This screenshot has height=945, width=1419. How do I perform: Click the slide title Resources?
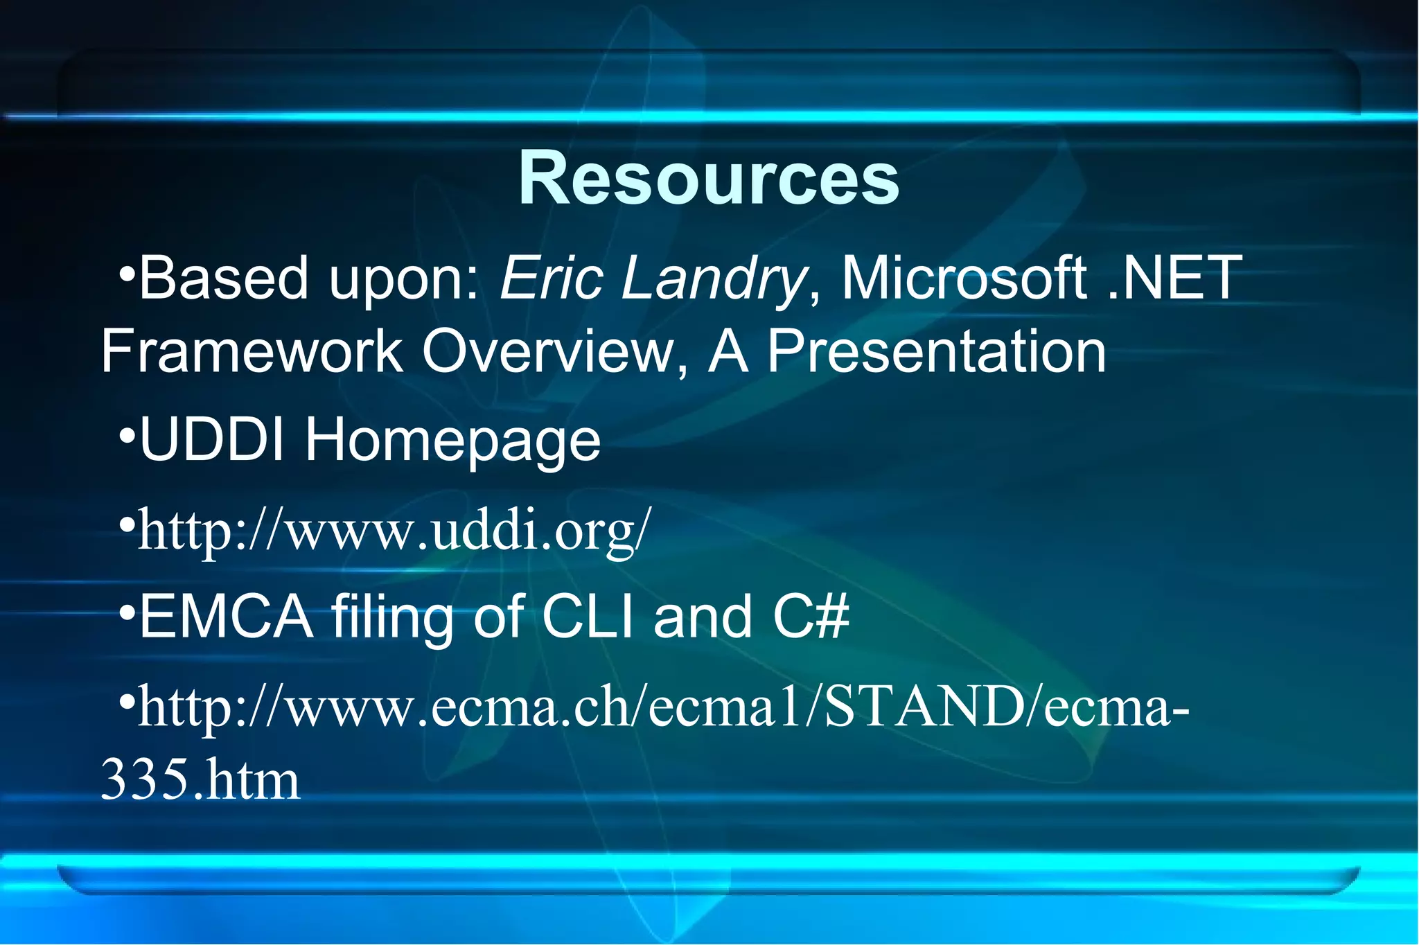pos(708,179)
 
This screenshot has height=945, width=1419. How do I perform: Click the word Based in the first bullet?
pos(223,279)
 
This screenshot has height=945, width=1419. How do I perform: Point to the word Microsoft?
pos(963,279)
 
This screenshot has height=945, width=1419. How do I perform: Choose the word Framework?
pos(252,351)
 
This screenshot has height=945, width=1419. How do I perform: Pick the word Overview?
pos(547,351)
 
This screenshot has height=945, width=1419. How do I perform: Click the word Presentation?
pos(936,351)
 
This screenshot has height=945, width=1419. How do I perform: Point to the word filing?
pos(392,618)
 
